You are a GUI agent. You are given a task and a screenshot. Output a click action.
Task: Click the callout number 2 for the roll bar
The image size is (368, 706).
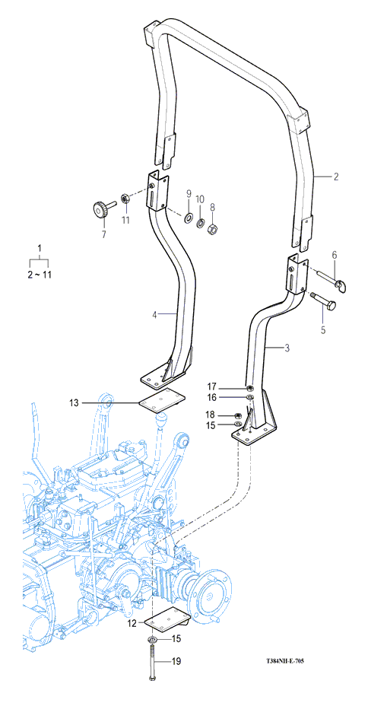(335, 177)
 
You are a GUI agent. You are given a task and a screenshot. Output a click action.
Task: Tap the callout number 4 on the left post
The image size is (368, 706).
(154, 315)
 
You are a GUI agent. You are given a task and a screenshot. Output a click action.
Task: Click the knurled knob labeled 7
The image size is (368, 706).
(101, 209)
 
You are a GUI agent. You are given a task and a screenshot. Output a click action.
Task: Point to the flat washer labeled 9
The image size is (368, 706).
(187, 218)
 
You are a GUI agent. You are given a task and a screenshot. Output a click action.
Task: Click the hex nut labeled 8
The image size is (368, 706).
(212, 231)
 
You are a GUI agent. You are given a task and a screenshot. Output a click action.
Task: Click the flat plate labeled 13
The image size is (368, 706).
(161, 400)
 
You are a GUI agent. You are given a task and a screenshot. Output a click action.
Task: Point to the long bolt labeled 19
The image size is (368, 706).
(152, 661)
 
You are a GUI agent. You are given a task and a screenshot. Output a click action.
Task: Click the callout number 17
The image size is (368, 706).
(212, 386)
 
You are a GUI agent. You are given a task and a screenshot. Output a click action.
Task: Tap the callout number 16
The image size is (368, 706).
(212, 397)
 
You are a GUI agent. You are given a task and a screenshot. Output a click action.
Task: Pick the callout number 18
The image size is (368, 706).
(211, 415)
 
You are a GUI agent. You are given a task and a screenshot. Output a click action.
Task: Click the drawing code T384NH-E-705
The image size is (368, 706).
(285, 661)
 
